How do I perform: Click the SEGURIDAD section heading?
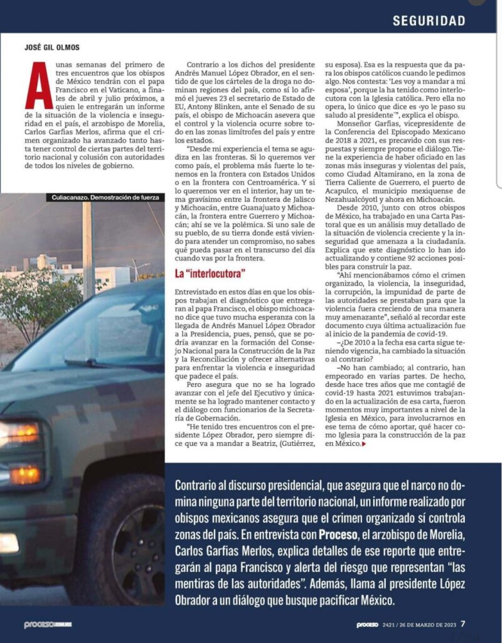[x=429, y=20]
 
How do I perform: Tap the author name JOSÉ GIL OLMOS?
[x=52, y=47]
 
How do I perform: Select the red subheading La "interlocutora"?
[x=211, y=274]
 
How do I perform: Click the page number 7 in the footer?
[x=462, y=624]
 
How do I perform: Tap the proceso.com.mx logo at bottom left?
[x=48, y=625]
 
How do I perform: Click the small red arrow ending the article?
[x=364, y=444]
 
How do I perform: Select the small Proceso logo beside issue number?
[x=366, y=625]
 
